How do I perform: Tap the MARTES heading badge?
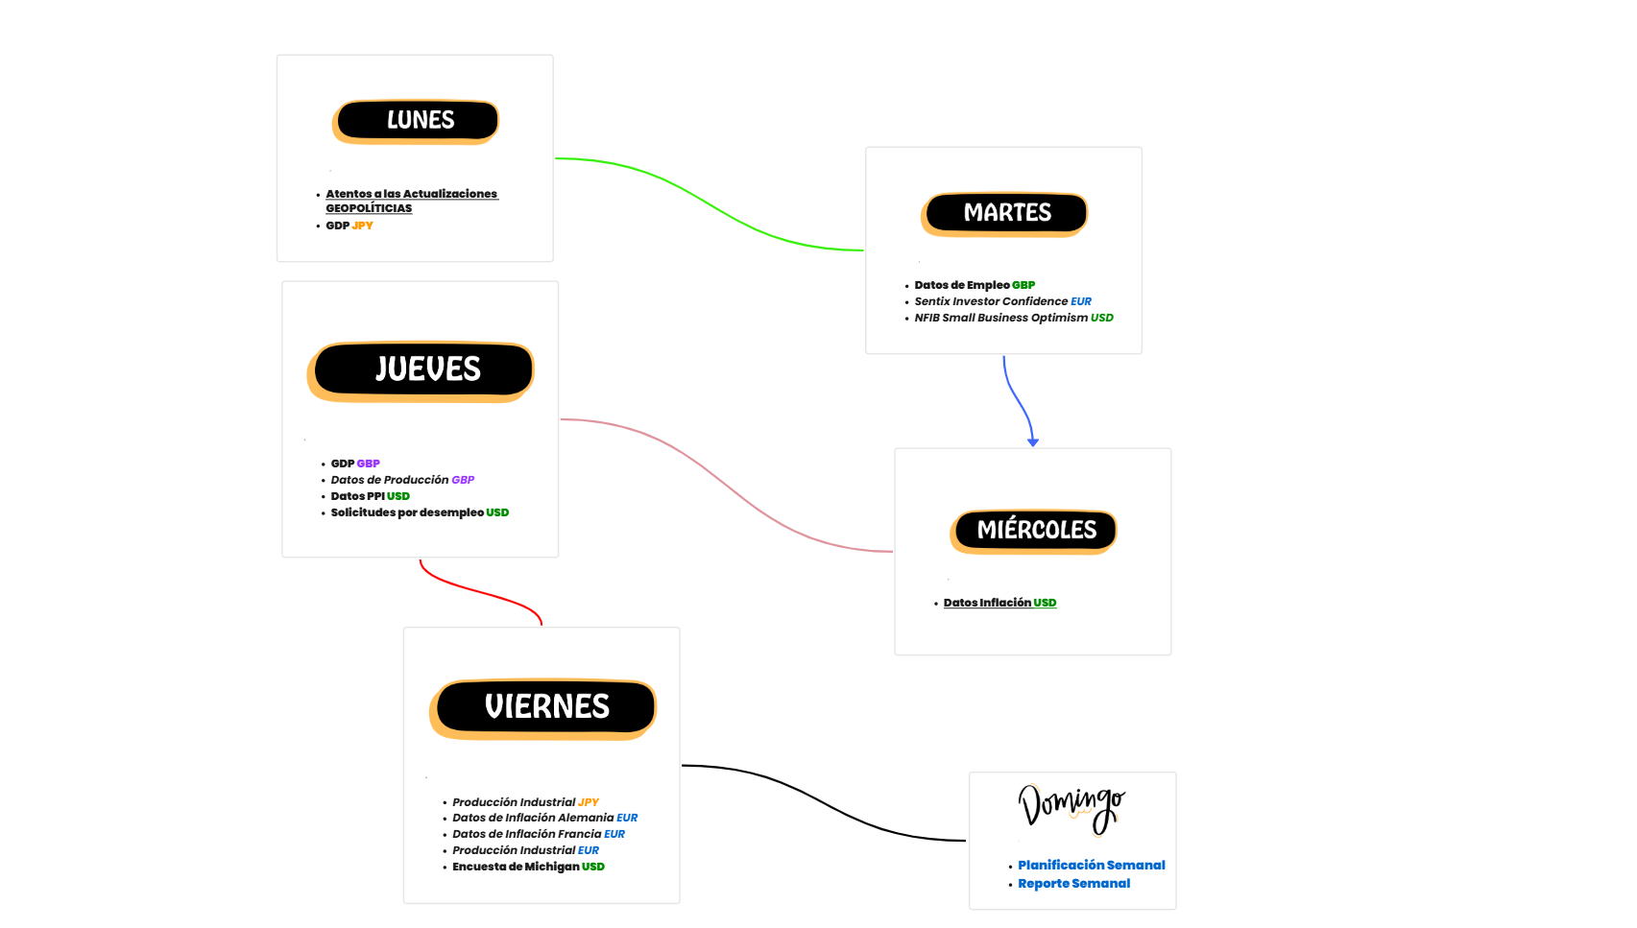coord(1005,213)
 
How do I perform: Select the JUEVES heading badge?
coord(422,369)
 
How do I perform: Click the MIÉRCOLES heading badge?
coord(1035,531)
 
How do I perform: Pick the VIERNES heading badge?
coord(544,707)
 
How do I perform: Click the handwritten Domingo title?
coord(1071,806)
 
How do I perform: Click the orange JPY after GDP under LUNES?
coord(362,226)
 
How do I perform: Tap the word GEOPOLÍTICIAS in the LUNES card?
coord(369,209)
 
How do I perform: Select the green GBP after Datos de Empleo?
coord(1023,286)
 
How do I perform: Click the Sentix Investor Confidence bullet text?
coord(991,302)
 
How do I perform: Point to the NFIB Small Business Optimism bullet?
coord(1001,319)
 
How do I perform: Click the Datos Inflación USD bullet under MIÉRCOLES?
coord(999,604)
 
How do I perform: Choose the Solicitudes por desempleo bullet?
coord(407,513)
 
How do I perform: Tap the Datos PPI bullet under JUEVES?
coord(357,497)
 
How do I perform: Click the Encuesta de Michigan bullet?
coord(516,868)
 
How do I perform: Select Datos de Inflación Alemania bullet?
coord(533,819)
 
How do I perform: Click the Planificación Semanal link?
coord(1091,866)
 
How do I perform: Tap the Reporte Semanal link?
coord(1073,884)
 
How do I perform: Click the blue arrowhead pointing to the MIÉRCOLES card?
coord(1033,441)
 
